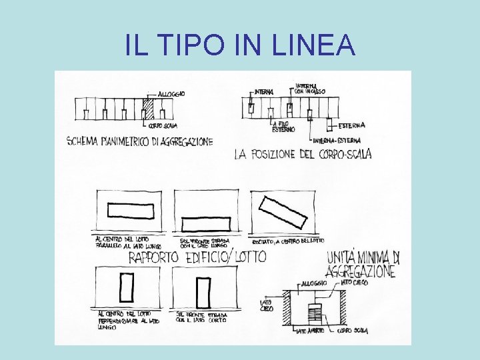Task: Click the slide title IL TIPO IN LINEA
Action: pyautogui.click(x=240, y=45)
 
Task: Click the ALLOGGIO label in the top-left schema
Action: pyautogui.click(x=171, y=94)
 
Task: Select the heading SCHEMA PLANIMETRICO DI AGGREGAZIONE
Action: pyautogui.click(x=140, y=141)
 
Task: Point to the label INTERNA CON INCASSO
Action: pyautogui.click(x=311, y=88)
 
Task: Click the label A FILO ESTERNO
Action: pyautogui.click(x=283, y=127)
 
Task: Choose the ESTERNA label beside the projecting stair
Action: pyautogui.click(x=351, y=125)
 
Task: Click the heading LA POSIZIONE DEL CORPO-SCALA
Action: pyautogui.click(x=303, y=155)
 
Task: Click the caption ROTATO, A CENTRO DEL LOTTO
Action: pyautogui.click(x=288, y=240)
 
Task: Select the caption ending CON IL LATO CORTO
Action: pyautogui.click(x=201, y=317)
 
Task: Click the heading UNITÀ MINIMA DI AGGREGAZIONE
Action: pyautogui.click(x=362, y=264)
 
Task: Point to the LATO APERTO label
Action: pyautogui.click(x=311, y=331)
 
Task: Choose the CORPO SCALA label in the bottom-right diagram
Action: pyautogui.click(x=353, y=331)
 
